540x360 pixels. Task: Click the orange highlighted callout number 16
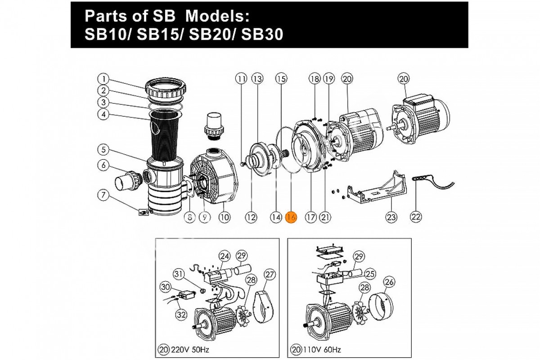291,217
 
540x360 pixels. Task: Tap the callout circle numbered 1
103,78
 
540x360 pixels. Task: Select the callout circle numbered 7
103,195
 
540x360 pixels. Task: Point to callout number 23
391,217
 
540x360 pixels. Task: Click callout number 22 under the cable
416,217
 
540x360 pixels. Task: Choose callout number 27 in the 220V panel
270,274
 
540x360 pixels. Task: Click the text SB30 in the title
262,35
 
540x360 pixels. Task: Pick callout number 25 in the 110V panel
370,273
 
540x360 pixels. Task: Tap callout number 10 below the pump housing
225,217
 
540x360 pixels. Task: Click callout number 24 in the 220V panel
224,256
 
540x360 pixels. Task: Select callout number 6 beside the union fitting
103,165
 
